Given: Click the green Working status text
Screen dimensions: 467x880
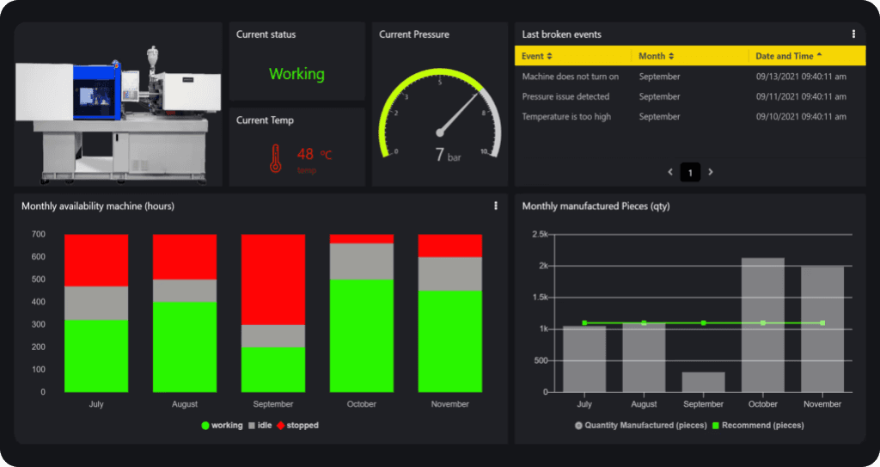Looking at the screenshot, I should (296, 74).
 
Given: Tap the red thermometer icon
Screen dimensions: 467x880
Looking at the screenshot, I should (276, 158).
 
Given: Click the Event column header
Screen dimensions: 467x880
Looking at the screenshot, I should (537, 56).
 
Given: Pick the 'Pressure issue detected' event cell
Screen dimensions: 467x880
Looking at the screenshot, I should (565, 96).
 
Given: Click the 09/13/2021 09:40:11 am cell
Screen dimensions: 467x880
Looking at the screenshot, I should (801, 77).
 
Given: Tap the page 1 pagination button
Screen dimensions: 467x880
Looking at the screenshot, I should (690, 172).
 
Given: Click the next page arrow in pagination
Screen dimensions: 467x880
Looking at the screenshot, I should (711, 172).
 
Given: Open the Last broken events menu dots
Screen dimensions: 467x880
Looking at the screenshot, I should (853, 34).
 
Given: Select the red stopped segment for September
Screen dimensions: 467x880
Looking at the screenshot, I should (273, 279).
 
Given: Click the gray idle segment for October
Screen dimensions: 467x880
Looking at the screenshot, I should (362, 261).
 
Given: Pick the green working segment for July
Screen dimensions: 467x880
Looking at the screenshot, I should (96, 355).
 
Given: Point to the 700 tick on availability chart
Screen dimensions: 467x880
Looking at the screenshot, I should (39, 234).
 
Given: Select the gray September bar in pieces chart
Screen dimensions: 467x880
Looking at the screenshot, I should (704, 382).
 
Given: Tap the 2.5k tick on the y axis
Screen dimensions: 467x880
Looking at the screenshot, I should (540, 234).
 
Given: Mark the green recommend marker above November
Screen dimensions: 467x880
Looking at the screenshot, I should (822, 323).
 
